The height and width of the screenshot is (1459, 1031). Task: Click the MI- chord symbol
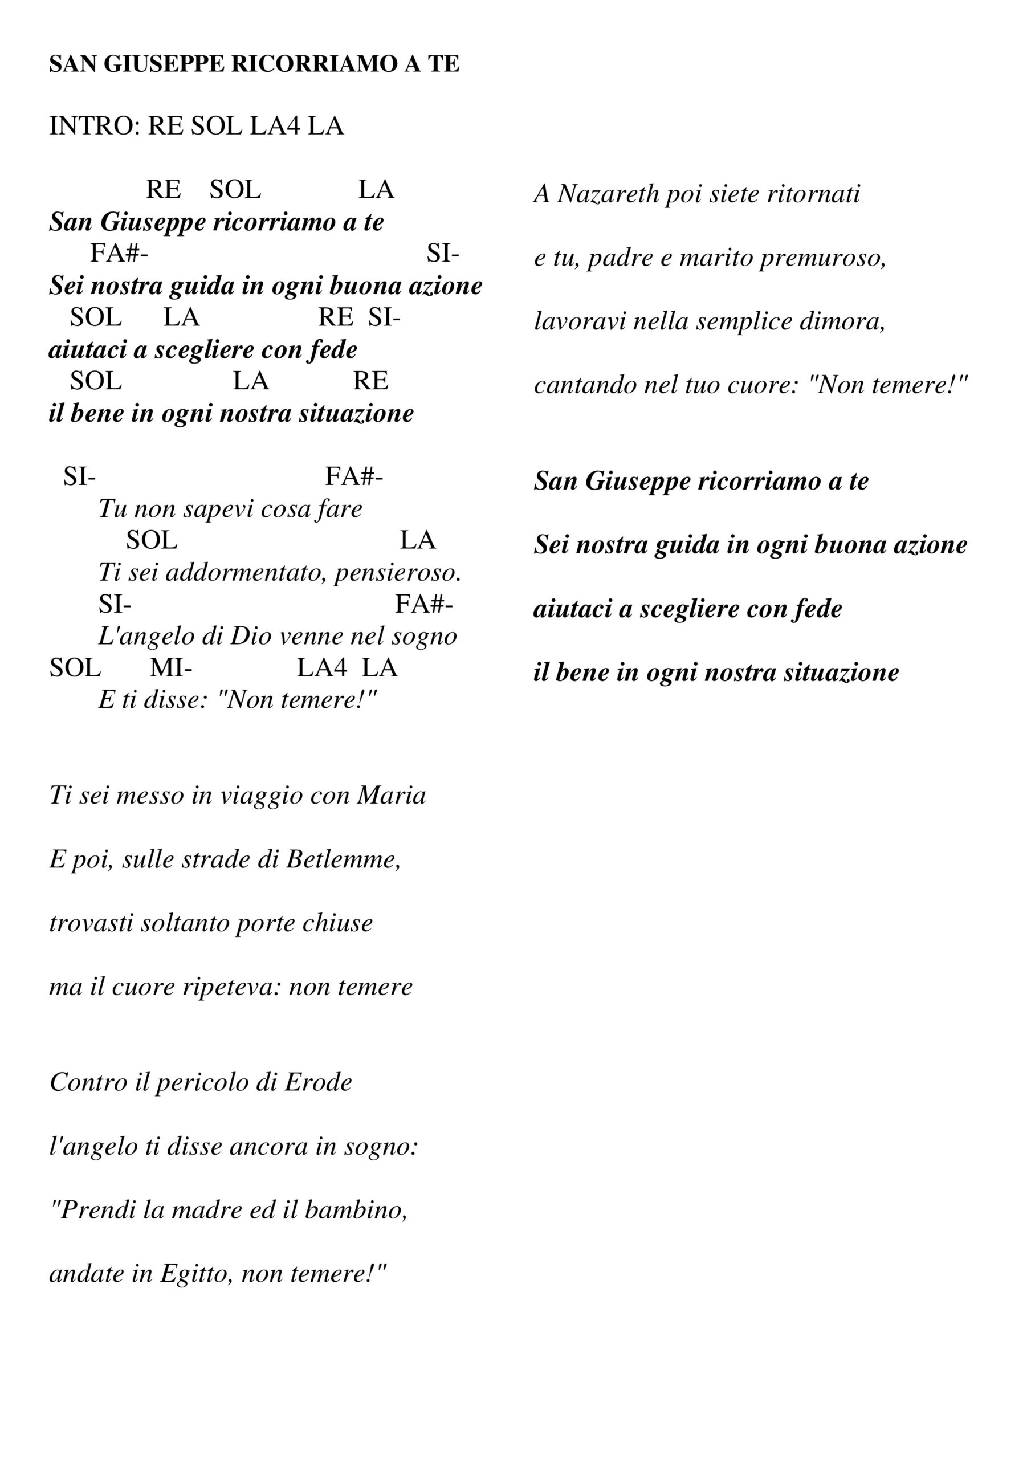coord(171,668)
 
